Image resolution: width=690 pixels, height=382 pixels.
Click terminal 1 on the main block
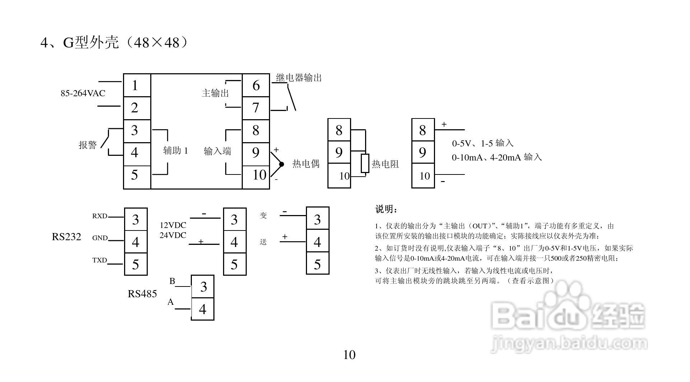click(135, 85)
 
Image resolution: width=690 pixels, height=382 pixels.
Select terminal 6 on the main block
click(256, 85)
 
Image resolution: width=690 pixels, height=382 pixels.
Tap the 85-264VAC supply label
click(83, 93)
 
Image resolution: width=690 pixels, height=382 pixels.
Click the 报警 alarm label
click(88, 145)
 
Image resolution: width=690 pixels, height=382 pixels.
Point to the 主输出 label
click(215, 93)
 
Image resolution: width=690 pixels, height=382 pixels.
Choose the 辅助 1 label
click(175, 150)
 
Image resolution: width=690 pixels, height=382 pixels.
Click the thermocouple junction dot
click(282, 164)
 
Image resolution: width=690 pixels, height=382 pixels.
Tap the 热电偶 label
click(306, 164)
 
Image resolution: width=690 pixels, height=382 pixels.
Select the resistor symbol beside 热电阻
click(365, 163)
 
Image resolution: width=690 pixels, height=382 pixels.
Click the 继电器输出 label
click(299, 78)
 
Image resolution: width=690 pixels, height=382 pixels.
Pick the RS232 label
click(67, 237)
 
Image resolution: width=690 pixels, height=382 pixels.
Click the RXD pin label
click(100, 216)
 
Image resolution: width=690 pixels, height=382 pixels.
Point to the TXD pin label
click(100, 260)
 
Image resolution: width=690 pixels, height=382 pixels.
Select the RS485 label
click(142, 294)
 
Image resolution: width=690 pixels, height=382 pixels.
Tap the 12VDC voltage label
click(173, 225)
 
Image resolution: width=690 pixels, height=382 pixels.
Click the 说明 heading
click(386, 209)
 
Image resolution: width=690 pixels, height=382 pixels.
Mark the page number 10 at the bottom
click(349, 355)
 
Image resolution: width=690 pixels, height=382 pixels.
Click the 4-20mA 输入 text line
click(497, 157)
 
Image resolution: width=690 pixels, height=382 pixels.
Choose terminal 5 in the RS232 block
click(136, 265)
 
